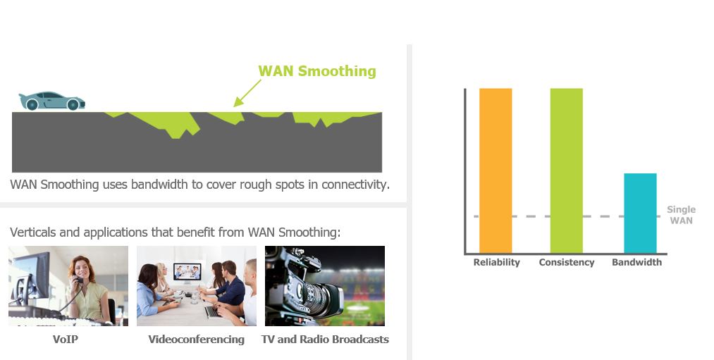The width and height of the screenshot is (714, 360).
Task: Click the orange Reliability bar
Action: pos(496,170)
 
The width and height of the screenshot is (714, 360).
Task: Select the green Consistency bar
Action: pos(567,170)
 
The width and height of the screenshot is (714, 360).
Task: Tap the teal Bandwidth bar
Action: pos(640,213)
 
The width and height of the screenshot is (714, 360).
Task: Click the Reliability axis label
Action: pos(496,262)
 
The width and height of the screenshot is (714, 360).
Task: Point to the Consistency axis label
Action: pos(567,262)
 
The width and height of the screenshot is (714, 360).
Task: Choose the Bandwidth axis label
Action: pos(636,262)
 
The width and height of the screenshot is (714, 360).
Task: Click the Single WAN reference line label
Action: pos(681,215)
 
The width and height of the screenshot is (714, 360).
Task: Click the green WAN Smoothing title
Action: pos(317,71)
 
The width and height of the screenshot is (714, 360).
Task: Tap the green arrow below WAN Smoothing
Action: pos(247,93)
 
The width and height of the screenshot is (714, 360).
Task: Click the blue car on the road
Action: pos(51,101)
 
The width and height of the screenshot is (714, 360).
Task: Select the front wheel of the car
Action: pos(73,105)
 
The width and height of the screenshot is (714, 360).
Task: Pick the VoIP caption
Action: pos(65,340)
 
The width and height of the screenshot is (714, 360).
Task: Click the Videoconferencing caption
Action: pos(196,340)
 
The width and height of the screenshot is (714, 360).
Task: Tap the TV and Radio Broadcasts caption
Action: pos(325,340)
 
